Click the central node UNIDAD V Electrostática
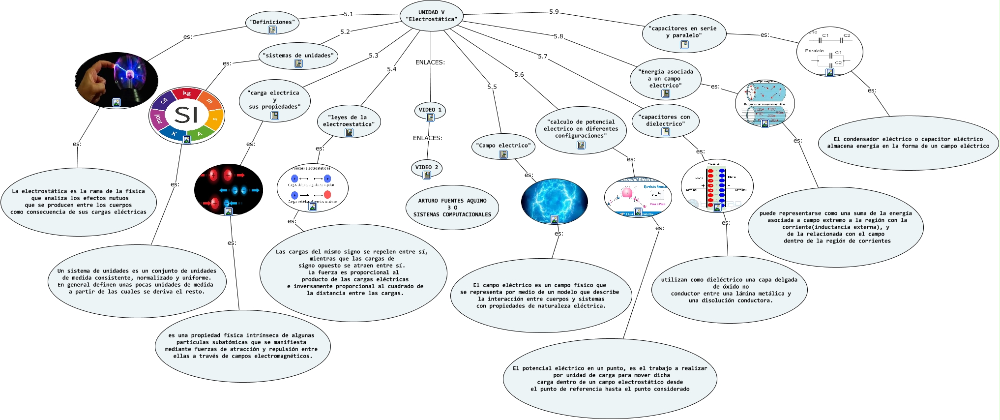coord(431,16)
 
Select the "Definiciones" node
coord(272,23)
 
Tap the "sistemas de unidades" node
coord(298,56)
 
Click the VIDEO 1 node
coord(430,110)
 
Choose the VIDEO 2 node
coord(426,168)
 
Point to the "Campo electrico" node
coord(503,146)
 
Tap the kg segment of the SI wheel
coord(187,93)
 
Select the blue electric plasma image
coord(554,201)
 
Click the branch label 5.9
coord(554,12)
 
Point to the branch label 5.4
coord(391,69)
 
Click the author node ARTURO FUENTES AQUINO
coord(452,208)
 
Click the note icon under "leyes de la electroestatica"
coord(349,132)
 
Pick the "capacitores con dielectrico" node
coord(665,121)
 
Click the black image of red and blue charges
coord(228,189)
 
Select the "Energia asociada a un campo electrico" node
coord(666,79)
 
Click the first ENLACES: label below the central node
coord(430,62)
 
